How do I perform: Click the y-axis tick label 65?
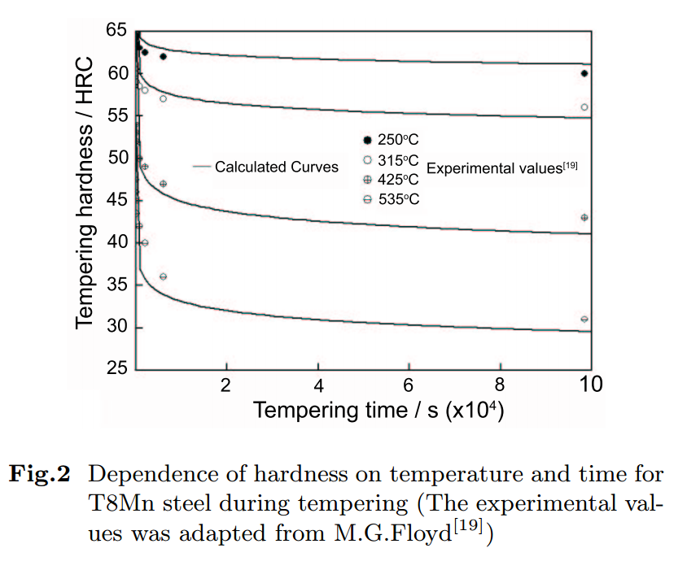[x=116, y=31]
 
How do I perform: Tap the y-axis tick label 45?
[x=116, y=200]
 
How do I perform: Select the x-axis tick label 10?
[x=590, y=384]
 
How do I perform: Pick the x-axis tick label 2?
[x=225, y=384]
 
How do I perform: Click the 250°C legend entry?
[x=391, y=139]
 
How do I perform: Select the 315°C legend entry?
[x=391, y=161]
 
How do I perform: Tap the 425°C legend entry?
[x=391, y=180]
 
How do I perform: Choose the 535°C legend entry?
[x=391, y=199]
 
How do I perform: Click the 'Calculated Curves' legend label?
[x=276, y=167]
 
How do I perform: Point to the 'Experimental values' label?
[x=501, y=168]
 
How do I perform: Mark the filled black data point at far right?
[x=584, y=73]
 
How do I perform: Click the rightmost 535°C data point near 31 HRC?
[x=584, y=320]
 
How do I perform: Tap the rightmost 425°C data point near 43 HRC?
[x=584, y=217]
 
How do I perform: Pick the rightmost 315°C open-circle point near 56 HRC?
[x=584, y=107]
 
